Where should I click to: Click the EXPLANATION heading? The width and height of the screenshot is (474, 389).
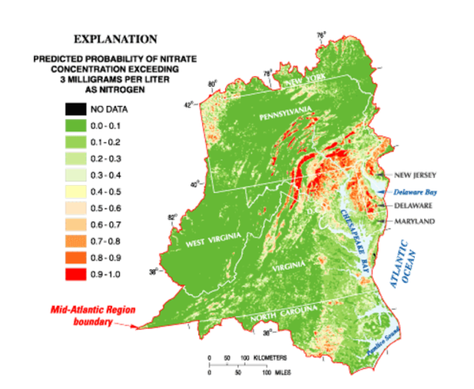click(x=115, y=39)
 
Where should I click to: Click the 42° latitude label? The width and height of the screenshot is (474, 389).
click(x=186, y=104)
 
